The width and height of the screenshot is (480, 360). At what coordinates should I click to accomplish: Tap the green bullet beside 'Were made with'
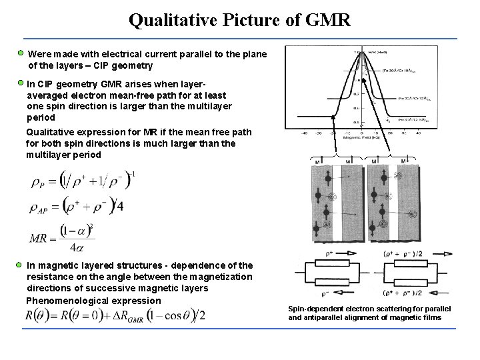click(x=21, y=52)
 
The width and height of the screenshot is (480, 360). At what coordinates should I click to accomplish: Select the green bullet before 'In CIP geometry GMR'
click(x=21, y=83)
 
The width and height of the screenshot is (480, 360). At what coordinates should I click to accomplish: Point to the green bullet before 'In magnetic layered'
click(x=21, y=265)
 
